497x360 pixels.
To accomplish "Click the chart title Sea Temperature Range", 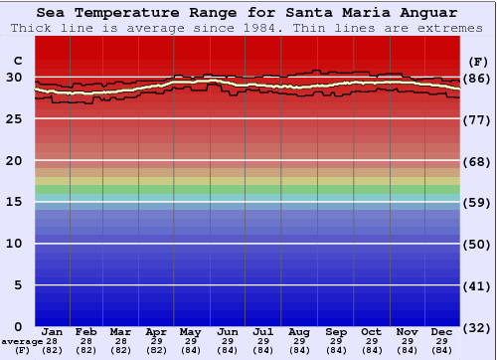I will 248,13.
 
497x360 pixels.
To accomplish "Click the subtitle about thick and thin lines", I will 248,28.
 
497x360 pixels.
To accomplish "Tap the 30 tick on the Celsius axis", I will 14,78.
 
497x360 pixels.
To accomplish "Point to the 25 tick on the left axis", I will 14,119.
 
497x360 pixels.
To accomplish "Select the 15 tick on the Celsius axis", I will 14,202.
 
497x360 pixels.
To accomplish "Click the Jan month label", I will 53,331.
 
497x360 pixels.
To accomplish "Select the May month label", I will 189,331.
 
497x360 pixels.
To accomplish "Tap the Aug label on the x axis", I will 298,331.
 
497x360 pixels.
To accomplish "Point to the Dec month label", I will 442,331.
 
